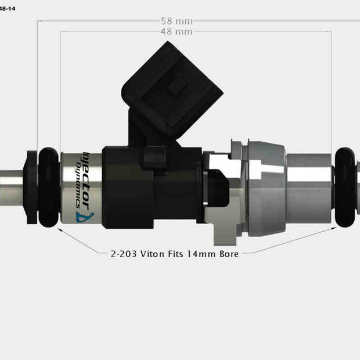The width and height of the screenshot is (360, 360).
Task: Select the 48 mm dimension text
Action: click(177, 31)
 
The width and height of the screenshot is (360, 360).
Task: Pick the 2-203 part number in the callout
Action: click(124, 254)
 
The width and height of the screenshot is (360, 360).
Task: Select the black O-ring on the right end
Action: click(347, 187)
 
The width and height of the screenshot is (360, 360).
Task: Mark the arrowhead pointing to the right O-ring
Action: click(336, 228)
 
